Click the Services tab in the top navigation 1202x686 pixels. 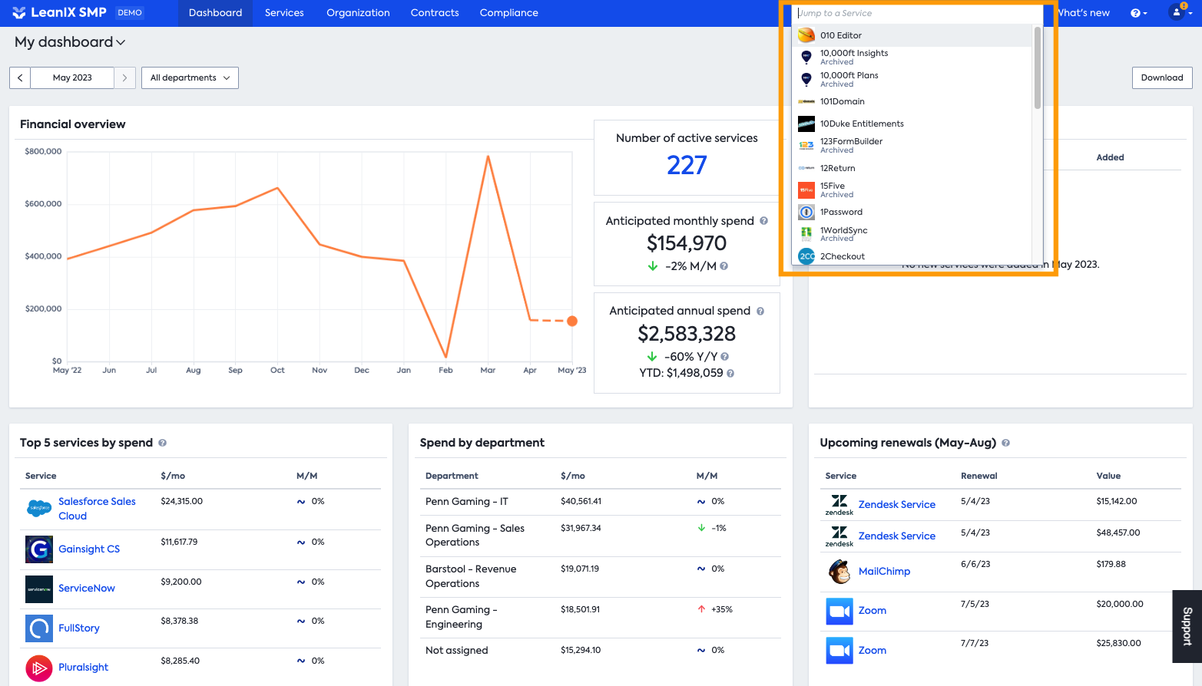284,13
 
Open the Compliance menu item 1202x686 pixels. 508,13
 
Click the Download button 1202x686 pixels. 1161,78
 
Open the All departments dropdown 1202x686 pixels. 190,78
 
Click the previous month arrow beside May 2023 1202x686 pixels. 20,78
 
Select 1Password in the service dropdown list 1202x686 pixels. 841,212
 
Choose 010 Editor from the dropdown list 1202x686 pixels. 840,35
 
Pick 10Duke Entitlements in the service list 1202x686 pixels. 861,124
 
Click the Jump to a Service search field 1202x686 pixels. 914,13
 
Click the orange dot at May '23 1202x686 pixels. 572,321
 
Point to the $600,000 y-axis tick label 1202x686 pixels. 43,204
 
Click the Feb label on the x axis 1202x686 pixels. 445,370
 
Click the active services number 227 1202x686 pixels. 687,165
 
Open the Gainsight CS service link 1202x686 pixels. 89,549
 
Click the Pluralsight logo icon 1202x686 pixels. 39,668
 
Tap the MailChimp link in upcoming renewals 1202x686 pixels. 884,571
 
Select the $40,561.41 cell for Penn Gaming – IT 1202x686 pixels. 581,501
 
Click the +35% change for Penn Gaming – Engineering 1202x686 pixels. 721,609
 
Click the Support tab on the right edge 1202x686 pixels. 1187,626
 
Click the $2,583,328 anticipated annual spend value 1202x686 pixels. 687,334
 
